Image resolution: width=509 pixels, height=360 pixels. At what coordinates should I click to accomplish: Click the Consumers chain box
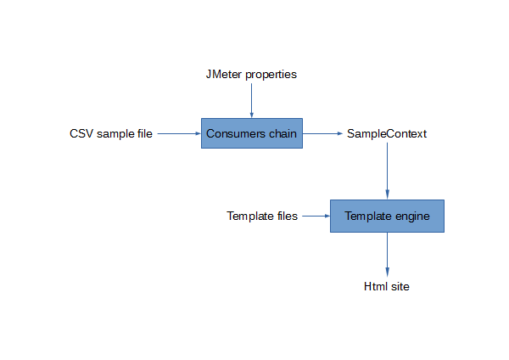coord(251,133)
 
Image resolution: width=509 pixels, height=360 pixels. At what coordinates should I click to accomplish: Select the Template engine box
coord(387,216)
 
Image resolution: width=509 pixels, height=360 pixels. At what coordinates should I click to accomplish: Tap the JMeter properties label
coord(251,74)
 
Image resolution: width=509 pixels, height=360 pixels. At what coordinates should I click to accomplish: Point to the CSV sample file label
coord(111,133)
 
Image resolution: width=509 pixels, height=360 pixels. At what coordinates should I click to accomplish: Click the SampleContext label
coord(387,133)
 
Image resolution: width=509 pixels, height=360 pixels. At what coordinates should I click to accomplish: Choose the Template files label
coord(262,216)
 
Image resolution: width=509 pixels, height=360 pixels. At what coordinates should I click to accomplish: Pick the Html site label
coord(387,286)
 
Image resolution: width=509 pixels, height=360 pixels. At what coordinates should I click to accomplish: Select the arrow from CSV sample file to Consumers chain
coord(178,133)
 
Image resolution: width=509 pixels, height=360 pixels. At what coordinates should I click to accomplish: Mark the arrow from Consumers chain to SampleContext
coord(322,133)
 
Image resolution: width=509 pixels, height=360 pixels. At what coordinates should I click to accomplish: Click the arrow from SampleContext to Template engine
coord(387,170)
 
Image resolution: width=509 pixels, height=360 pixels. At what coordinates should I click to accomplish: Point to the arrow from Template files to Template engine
coord(316,216)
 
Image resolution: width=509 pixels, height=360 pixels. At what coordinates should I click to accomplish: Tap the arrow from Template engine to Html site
coord(387,252)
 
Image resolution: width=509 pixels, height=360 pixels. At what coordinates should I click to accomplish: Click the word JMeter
coord(222,74)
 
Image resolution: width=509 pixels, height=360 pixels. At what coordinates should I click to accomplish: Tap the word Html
coord(375,286)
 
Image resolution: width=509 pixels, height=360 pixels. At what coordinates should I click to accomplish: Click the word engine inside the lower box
coord(411,217)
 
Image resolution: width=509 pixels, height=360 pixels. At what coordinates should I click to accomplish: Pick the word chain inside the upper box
coord(283,133)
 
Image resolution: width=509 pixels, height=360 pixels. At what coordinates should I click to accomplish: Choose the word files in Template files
coord(287,216)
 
